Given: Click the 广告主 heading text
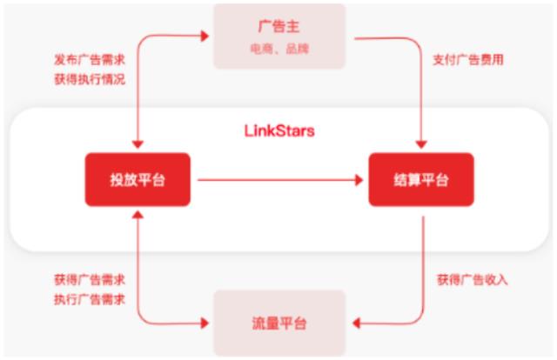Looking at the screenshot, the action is [x=278, y=27].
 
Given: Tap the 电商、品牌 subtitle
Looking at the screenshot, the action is [x=279, y=49].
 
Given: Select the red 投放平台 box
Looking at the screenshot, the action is [x=138, y=180].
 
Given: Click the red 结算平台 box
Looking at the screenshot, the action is [x=421, y=180].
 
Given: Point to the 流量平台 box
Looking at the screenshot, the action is [x=279, y=323].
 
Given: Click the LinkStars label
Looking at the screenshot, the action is [x=279, y=131].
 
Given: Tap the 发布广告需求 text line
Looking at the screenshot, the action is [x=90, y=60].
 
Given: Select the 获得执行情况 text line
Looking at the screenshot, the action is [x=90, y=79].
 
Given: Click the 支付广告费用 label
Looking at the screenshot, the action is [x=468, y=60].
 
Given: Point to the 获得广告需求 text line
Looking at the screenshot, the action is [x=90, y=280].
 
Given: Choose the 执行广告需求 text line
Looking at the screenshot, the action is [x=90, y=300].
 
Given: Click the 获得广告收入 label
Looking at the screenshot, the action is [x=472, y=280].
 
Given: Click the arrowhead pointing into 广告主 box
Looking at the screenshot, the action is [x=205, y=36].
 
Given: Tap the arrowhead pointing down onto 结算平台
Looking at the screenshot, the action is [x=421, y=144].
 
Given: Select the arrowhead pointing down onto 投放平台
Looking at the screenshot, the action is [x=138, y=144].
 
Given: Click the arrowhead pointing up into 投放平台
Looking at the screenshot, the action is [x=138, y=215].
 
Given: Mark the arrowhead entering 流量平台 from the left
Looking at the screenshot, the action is [x=205, y=323].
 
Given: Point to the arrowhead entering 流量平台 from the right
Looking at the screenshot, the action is [x=356, y=323].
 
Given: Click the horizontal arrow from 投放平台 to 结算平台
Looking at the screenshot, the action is [x=280, y=180].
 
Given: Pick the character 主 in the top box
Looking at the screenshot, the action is [x=293, y=27].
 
